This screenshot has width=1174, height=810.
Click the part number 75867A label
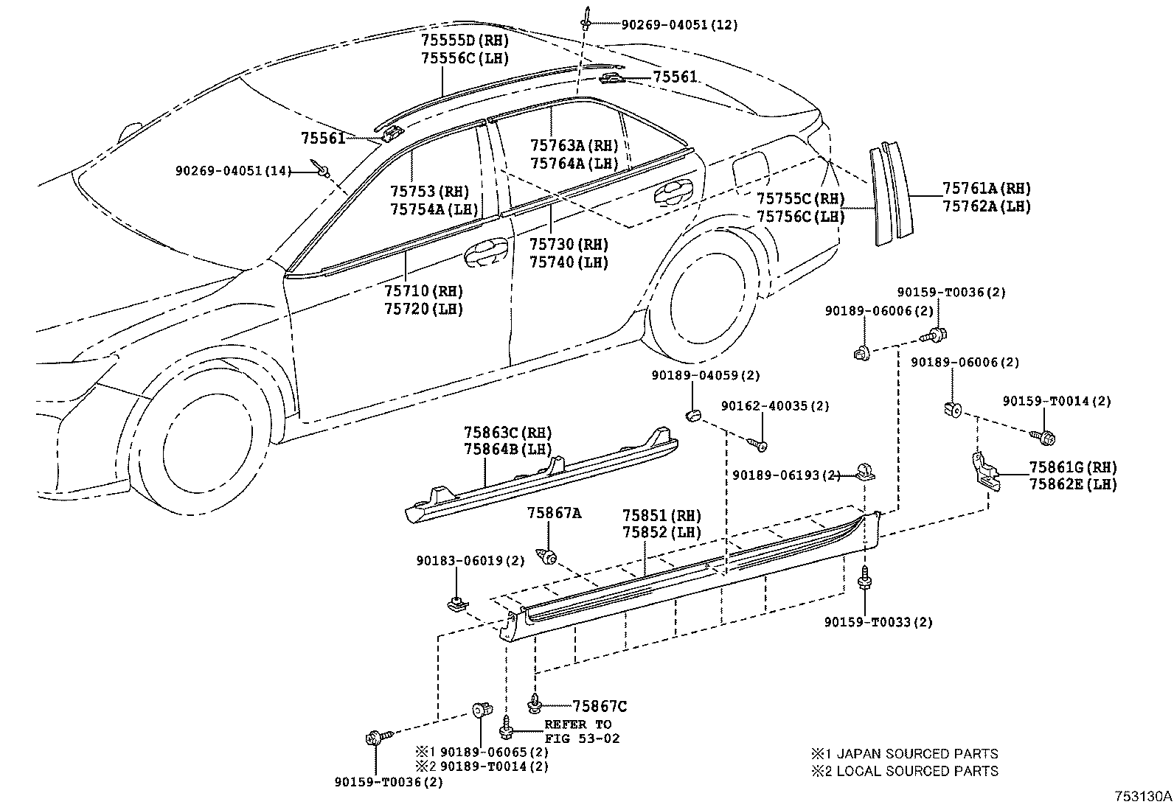(x=553, y=513)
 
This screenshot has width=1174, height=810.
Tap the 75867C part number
(x=600, y=707)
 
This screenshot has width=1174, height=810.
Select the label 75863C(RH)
(x=507, y=433)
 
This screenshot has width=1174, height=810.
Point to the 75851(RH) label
(x=661, y=516)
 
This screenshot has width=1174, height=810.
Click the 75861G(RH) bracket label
(x=1072, y=467)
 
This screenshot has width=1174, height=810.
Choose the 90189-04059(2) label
(x=705, y=375)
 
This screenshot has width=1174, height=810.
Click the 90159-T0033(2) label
(x=878, y=622)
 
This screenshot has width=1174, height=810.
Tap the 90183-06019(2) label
(x=470, y=561)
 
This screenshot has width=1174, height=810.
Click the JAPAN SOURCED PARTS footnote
(x=904, y=754)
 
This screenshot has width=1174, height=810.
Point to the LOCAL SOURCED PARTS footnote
(x=904, y=771)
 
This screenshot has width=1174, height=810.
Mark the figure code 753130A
(x=1142, y=797)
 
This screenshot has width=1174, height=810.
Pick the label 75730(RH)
(x=569, y=244)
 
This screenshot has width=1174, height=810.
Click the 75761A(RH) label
(x=986, y=189)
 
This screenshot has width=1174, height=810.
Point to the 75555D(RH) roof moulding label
(x=465, y=40)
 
